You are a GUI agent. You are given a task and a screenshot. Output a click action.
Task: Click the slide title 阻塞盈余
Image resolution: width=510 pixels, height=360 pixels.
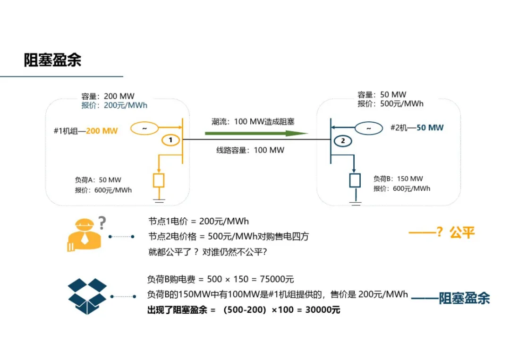(52, 60)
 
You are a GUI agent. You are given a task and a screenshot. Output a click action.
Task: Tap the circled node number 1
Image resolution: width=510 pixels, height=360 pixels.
(171, 140)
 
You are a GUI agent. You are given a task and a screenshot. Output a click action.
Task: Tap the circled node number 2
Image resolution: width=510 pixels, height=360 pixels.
(343, 141)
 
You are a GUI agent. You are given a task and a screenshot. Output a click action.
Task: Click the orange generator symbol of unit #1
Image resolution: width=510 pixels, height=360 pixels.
(144, 128)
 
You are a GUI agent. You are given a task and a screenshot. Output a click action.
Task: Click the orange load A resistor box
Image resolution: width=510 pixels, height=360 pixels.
(159, 180)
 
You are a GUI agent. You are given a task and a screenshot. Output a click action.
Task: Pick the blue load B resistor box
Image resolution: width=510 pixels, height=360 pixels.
(355, 180)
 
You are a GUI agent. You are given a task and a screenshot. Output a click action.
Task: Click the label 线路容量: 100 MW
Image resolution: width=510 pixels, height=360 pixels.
(250, 150)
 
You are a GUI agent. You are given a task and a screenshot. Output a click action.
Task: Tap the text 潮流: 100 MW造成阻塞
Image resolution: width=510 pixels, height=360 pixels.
(253, 121)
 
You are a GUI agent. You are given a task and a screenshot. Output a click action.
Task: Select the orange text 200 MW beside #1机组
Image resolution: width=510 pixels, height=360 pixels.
(102, 130)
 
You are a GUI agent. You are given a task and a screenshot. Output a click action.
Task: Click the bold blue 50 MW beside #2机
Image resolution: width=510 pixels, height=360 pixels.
(430, 128)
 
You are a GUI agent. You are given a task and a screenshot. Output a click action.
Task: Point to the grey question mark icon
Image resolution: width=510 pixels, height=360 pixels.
(102, 223)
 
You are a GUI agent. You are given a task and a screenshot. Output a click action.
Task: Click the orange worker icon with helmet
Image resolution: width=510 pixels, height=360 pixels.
(84, 235)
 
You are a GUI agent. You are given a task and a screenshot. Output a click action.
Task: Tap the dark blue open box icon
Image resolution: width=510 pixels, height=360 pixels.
(88, 296)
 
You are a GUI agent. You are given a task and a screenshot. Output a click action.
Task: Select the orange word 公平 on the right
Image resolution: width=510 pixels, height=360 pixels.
(462, 232)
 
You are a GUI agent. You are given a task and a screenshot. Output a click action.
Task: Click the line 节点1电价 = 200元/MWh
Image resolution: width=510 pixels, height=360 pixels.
(198, 221)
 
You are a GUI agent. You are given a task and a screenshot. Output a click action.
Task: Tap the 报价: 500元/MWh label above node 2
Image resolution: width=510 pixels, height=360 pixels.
(391, 104)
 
